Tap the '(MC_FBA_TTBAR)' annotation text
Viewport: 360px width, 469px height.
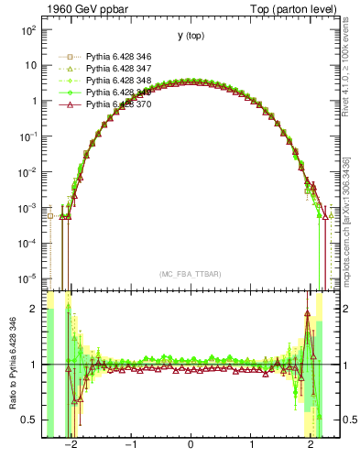coord(191,274)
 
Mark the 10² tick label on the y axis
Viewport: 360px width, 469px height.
coord(28,30)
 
